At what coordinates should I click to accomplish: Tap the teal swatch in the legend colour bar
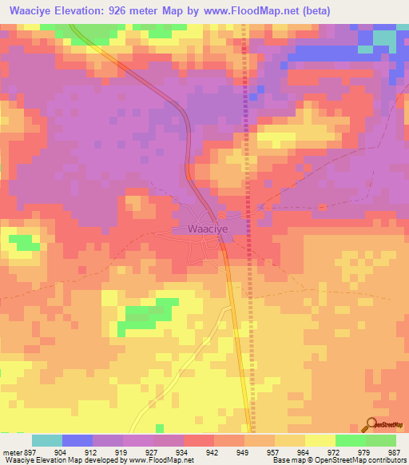coord(47,440)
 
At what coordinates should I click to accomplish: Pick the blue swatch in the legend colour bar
coord(77,440)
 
